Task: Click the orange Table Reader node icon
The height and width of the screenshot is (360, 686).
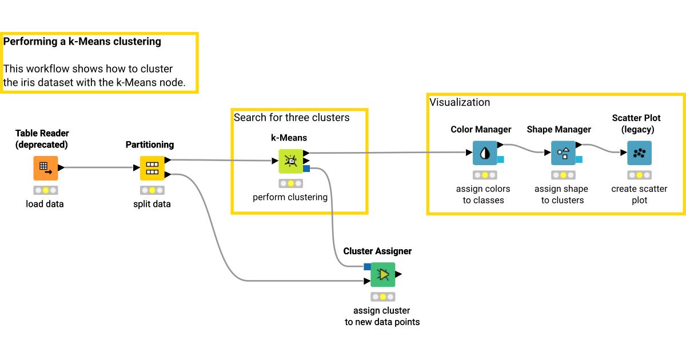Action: click(45, 168)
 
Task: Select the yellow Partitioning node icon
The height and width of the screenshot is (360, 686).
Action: click(152, 168)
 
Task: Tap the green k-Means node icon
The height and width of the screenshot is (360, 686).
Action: click(290, 161)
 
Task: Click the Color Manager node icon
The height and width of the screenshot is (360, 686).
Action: click(485, 153)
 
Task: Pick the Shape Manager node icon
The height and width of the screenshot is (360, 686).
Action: click(563, 153)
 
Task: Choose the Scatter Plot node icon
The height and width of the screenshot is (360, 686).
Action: click(639, 153)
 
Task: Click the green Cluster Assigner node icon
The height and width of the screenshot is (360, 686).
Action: click(383, 275)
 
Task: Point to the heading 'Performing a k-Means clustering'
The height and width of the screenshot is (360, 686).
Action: click(82, 42)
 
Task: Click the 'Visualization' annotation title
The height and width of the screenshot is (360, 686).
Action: click(460, 102)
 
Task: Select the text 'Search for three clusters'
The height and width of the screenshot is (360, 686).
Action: click(292, 117)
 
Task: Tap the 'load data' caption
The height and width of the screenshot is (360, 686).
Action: click(45, 203)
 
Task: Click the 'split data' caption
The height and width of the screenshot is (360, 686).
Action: click(152, 203)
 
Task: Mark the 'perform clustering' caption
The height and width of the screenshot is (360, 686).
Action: click(290, 197)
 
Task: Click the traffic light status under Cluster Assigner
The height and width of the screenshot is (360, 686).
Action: click(383, 297)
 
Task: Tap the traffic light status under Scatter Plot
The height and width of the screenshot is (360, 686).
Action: click(639, 175)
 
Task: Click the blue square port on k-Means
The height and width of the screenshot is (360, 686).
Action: click(307, 169)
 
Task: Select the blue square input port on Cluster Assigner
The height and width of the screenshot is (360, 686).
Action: click(367, 266)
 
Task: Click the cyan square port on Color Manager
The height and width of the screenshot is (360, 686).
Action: click(500, 159)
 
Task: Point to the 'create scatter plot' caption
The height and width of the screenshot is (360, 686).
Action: click(639, 194)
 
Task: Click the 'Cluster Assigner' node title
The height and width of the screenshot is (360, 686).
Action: click(377, 251)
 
